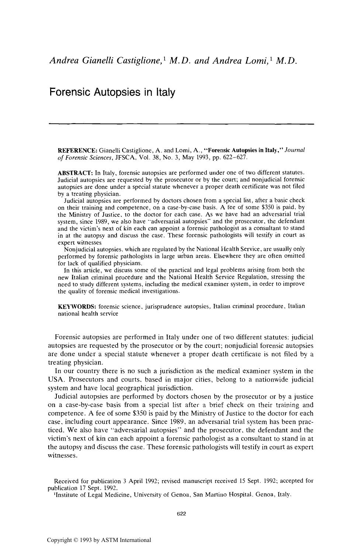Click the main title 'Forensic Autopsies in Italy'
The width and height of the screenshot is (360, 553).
112,92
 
